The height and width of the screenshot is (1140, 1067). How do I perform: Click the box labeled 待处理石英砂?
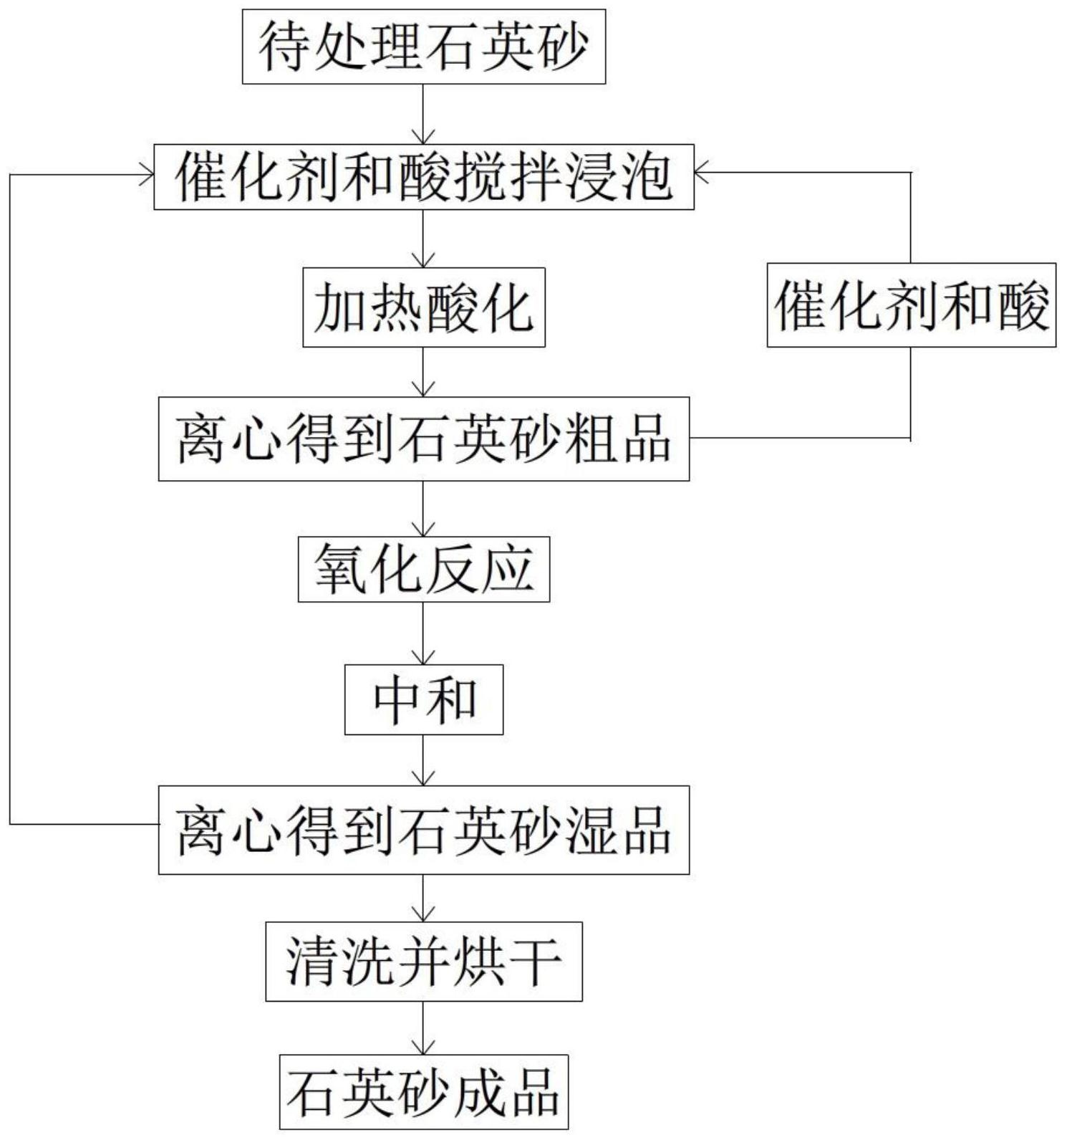click(424, 47)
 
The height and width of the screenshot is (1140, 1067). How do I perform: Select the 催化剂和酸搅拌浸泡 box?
click(424, 177)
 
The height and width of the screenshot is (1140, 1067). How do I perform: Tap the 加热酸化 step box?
click(424, 307)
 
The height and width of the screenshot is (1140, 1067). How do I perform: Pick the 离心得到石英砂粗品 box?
click(424, 439)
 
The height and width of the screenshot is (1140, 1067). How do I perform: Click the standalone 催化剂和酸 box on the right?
click(911, 306)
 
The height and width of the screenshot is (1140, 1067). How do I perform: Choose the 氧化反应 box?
click(424, 570)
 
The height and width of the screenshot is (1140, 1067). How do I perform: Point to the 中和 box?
click(424, 699)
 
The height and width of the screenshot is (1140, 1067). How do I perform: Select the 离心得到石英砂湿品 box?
click(424, 830)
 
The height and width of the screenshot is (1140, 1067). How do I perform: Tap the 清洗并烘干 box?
click(424, 961)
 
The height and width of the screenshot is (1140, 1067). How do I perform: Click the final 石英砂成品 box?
click(424, 1091)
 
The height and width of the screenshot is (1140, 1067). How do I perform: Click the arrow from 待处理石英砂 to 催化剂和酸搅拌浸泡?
click(424, 115)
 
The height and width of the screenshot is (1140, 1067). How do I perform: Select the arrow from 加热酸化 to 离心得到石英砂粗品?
click(424, 373)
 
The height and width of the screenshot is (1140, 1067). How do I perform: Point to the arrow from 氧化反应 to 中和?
click(424, 633)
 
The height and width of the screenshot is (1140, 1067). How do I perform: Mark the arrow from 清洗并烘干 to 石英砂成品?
click(424, 1028)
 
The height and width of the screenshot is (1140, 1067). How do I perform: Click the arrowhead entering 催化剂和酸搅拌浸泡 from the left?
click(146, 174)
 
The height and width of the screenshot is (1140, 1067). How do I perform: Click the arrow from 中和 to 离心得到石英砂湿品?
click(424, 760)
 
